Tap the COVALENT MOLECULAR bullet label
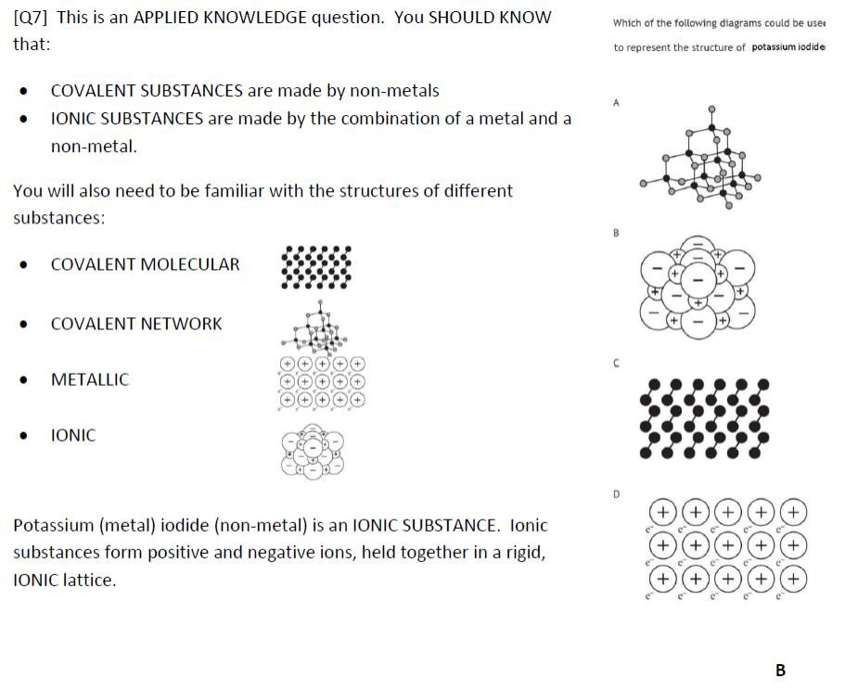pos(145,264)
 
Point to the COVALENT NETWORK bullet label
pos(136,324)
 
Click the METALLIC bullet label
pos(90,379)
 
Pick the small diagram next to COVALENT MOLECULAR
pos(316,267)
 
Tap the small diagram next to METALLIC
pos(321,382)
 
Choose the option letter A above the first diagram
pos(616,104)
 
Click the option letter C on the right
pos(616,364)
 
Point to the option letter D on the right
pos(616,494)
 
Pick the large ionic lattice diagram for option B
pos(697,287)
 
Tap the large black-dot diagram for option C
pos(705,418)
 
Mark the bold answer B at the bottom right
pos(780,670)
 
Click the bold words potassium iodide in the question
pos(787,47)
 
